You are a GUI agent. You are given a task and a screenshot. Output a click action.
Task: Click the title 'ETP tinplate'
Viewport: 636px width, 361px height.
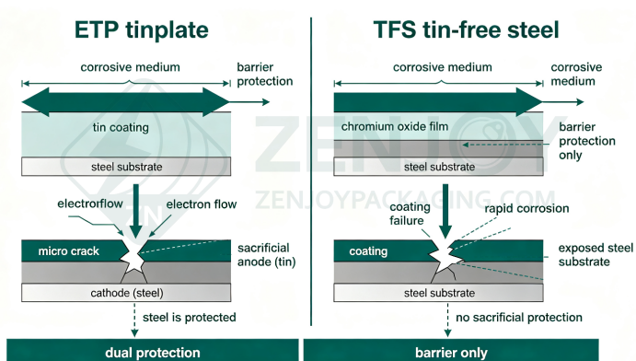(x=142, y=30)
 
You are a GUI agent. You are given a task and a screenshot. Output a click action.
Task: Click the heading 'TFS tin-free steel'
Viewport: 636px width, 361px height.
(x=466, y=30)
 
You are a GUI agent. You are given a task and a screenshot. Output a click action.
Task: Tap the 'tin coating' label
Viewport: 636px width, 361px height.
(x=121, y=127)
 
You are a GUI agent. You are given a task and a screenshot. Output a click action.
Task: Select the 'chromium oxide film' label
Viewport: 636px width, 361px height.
(x=395, y=126)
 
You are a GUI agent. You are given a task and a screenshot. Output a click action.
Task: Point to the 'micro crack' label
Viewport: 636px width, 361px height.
(x=68, y=251)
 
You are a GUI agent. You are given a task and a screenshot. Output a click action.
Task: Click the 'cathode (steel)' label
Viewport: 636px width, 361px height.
(x=127, y=293)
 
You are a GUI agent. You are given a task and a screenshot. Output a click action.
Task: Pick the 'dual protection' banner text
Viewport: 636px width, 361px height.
(x=153, y=353)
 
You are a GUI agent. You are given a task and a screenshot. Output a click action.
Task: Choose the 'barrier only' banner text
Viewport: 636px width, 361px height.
(x=451, y=353)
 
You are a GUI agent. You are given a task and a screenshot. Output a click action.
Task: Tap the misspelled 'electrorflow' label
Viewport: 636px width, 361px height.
(x=90, y=204)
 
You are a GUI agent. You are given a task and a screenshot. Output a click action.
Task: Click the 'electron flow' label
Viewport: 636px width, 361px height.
(x=202, y=204)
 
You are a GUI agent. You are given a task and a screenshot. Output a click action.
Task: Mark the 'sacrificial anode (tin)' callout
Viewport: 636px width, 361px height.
(x=267, y=255)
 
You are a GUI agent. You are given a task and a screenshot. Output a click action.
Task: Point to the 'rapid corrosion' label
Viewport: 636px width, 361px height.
(x=526, y=208)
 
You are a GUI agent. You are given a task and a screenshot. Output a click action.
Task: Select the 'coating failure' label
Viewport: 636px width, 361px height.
(x=410, y=214)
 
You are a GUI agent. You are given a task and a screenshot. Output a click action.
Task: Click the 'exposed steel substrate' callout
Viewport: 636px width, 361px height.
(x=596, y=255)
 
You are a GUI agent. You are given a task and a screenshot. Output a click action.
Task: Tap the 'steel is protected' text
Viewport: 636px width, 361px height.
(x=189, y=317)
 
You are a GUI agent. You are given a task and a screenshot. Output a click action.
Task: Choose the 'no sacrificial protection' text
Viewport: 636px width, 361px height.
(x=519, y=317)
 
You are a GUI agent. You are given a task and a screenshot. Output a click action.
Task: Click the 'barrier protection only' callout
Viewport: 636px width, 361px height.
(x=587, y=141)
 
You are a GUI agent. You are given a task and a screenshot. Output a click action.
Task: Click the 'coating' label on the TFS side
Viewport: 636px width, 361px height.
(x=368, y=251)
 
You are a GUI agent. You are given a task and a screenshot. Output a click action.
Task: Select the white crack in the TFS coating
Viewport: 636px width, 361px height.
(x=445, y=255)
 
